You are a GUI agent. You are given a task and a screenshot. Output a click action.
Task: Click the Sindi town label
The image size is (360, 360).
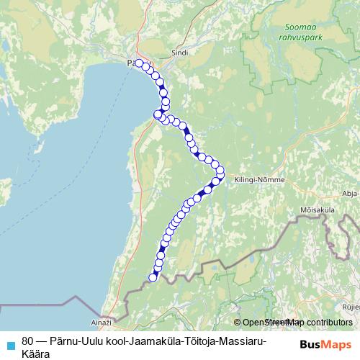pos(179,53)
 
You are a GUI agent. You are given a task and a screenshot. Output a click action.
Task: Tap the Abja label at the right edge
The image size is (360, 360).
pos(351,193)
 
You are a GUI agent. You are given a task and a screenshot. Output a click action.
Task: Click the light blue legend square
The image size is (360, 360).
pos(9,344)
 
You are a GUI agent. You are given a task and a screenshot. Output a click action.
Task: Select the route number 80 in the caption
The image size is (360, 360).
pos(28,339)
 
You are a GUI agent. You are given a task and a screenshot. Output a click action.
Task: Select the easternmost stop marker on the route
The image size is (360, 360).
pos(221,171)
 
